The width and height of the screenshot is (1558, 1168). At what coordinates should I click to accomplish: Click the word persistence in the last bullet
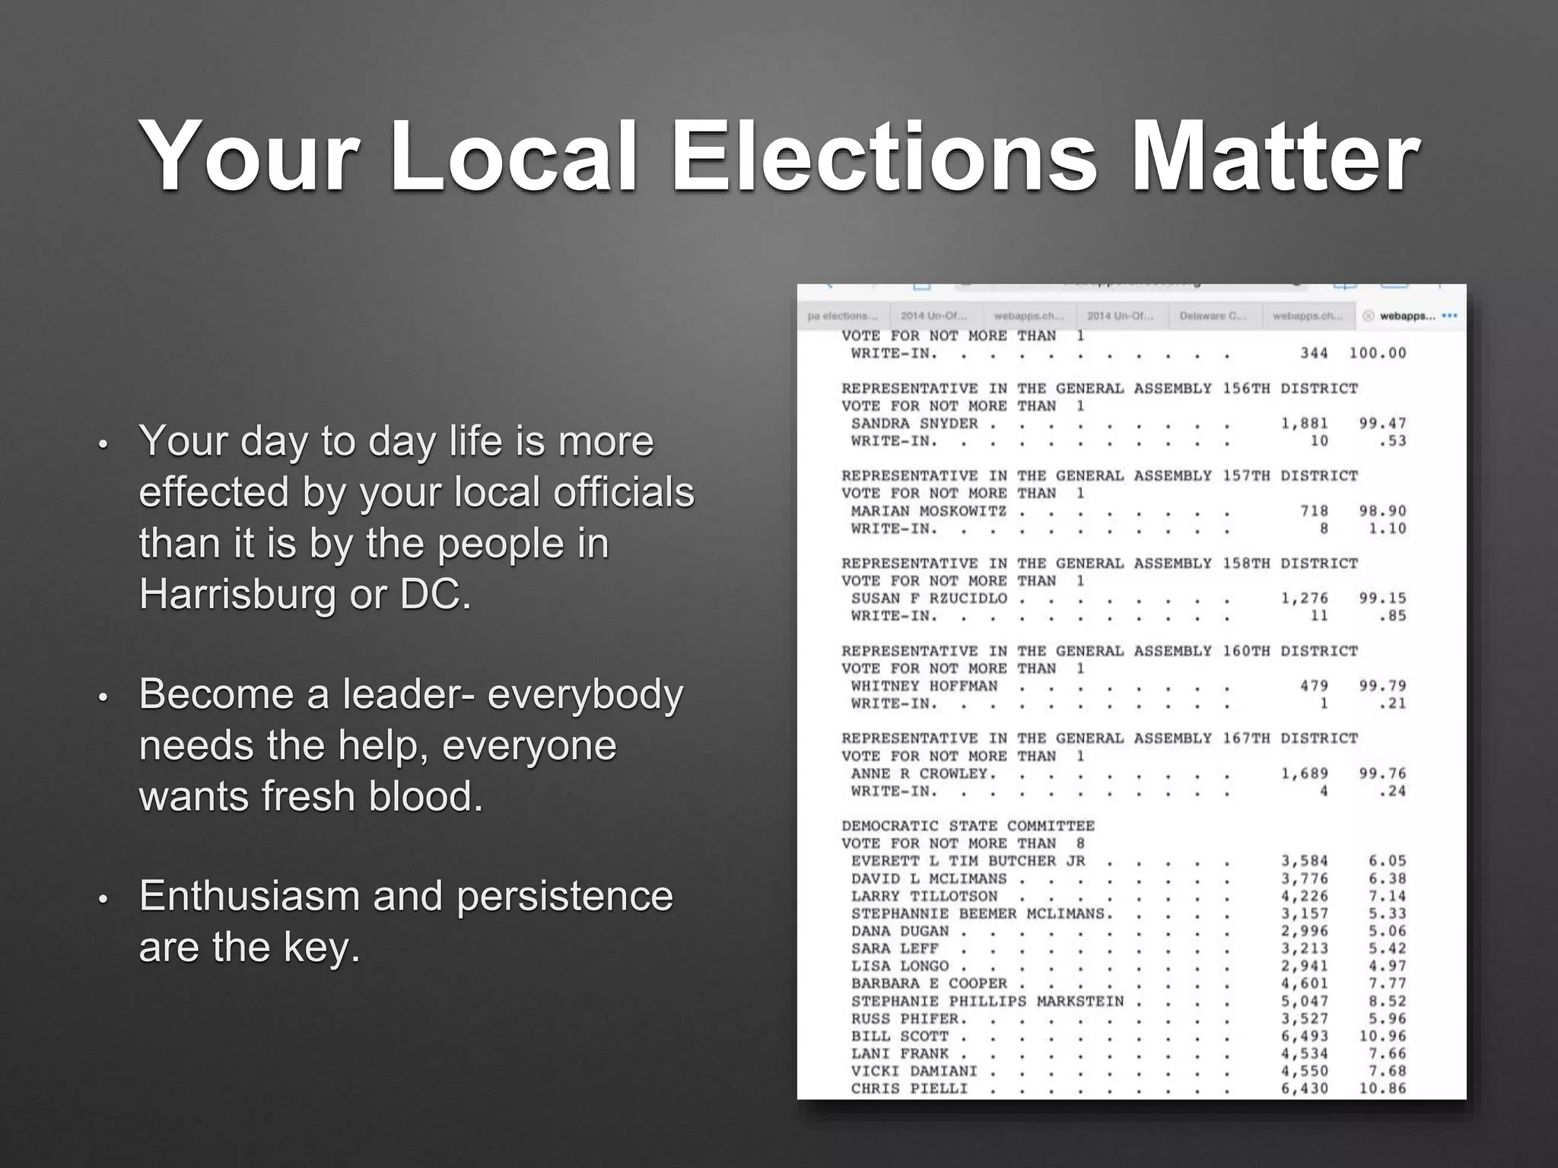click(564, 895)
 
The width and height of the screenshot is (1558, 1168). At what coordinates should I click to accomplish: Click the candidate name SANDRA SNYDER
click(914, 424)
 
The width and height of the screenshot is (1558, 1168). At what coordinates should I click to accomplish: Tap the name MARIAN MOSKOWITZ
click(928, 511)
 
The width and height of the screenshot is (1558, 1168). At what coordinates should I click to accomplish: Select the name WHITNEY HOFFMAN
click(924, 686)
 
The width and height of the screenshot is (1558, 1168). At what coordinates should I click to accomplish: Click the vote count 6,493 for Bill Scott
click(1304, 1036)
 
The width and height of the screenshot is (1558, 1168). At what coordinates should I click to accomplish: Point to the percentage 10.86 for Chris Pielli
click(1382, 1088)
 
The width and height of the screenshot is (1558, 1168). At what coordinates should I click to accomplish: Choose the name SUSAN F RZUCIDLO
click(928, 598)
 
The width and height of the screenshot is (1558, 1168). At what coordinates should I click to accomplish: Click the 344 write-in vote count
click(1314, 354)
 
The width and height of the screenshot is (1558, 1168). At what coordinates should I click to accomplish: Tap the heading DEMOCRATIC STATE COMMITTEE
click(968, 826)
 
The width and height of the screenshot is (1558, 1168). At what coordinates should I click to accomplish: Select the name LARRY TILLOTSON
click(924, 896)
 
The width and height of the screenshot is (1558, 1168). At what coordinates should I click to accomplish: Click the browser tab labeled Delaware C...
click(1213, 316)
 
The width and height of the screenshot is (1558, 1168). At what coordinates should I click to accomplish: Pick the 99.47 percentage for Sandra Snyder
click(1382, 424)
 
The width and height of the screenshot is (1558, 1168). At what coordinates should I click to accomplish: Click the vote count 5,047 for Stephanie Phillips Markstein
click(1304, 1001)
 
